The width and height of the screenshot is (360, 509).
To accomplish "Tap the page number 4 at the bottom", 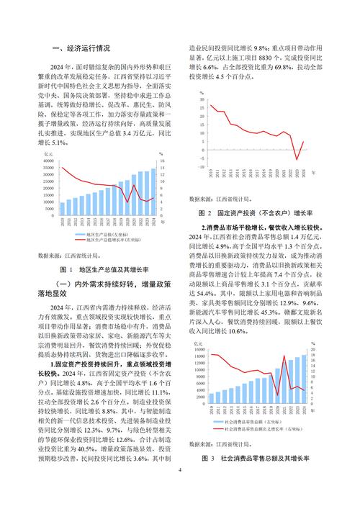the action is tap(180, 490).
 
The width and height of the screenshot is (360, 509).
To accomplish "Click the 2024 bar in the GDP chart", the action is tap(152, 194).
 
